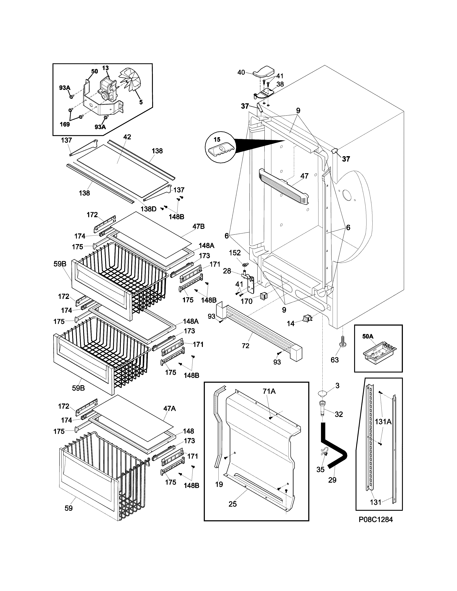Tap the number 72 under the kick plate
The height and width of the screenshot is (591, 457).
246,346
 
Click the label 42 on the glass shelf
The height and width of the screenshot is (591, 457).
127,137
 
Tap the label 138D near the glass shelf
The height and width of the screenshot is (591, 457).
148,209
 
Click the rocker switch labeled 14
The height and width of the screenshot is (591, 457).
307,319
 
